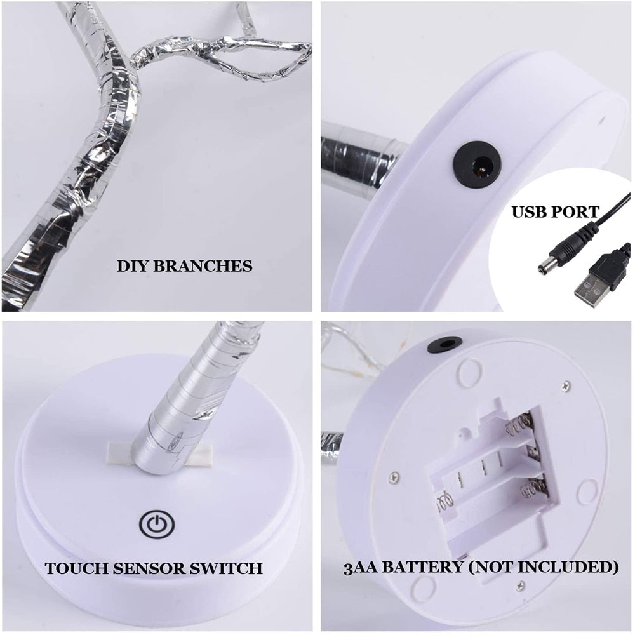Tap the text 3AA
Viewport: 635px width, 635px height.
tap(361, 567)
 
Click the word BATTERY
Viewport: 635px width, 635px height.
tap(422, 567)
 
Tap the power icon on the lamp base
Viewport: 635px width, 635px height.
tap(157, 525)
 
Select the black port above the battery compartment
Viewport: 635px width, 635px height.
tap(444, 345)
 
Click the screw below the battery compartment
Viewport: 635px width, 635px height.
tap(521, 585)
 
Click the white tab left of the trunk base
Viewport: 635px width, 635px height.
tap(119, 453)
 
